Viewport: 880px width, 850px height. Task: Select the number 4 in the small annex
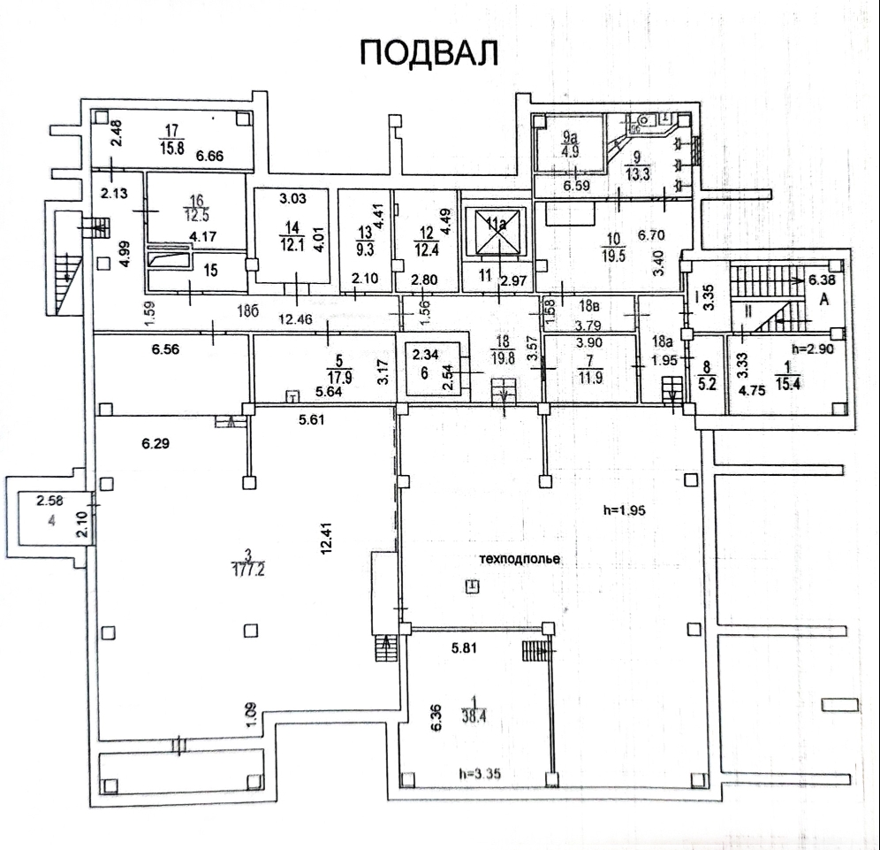52,521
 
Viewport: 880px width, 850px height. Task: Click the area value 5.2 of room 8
707,385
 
